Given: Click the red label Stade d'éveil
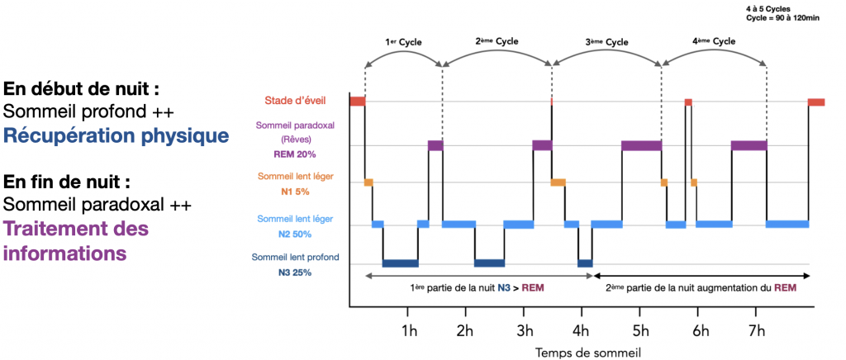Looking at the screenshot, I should click(294, 101).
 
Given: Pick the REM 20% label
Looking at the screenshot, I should click(294, 154).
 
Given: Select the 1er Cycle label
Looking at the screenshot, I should click(402, 40).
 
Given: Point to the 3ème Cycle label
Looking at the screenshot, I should click(606, 41).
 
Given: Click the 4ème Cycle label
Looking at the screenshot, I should click(713, 40).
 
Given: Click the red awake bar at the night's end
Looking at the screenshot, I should click(815, 102).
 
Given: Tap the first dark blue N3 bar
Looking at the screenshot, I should click(400, 263).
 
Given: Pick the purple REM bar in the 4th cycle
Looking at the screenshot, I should click(749, 145).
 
